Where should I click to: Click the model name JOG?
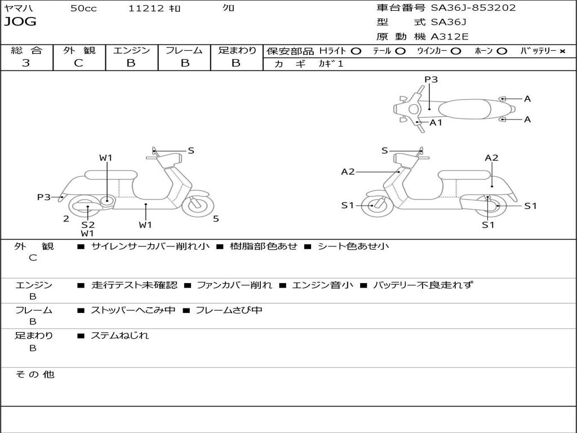coord(20,23)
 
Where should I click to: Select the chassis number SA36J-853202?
coord(473,8)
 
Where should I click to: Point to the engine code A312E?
coord(450,37)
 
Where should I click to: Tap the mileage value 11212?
coord(146,8)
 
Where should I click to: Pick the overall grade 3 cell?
coord(26,63)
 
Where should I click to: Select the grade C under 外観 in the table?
coord(78,63)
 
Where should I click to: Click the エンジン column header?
coord(131,51)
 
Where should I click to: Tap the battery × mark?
coord(562,51)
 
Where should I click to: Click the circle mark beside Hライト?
coord(356,51)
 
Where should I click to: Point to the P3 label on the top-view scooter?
coord(431,79)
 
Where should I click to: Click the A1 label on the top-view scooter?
coord(436,122)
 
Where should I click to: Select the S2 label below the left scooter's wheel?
coord(88,224)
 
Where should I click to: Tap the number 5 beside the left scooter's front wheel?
coord(216,219)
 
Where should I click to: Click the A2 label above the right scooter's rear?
coord(491,158)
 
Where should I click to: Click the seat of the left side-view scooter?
coord(111,175)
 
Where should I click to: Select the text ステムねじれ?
coord(120,335)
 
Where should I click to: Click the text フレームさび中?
coord(229,310)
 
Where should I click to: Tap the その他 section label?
coord(34,374)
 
